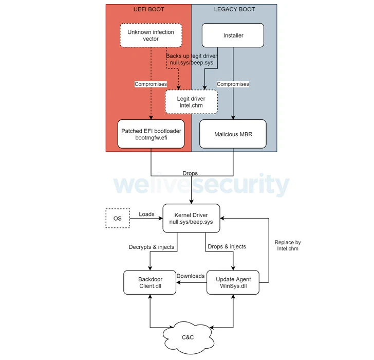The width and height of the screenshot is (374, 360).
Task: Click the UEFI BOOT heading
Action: pyautogui.click(x=149, y=9)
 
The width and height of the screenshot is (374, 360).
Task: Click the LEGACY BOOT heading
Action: pyautogui.click(x=234, y=9)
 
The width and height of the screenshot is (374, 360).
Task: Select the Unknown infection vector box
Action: pyautogui.click(x=151, y=35)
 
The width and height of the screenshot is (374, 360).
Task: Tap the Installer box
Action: pyautogui.click(x=233, y=35)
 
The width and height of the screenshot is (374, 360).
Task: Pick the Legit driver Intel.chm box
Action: pyautogui.click(x=191, y=102)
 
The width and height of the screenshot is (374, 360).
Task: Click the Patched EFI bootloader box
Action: pyautogui.click(x=151, y=134)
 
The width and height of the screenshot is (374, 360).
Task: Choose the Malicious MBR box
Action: pyautogui.click(x=233, y=134)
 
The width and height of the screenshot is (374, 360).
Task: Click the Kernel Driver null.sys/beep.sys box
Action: pyautogui.click(x=191, y=218)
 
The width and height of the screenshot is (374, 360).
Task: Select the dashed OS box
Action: pyautogui.click(x=118, y=218)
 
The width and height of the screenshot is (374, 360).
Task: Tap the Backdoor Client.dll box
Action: pyautogui.click(x=150, y=282)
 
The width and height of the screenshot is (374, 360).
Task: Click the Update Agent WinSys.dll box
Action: pyautogui.click(x=233, y=282)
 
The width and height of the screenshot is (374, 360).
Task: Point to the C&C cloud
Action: pyautogui.click(x=188, y=337)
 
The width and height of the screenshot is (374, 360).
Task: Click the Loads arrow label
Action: pyautogui.click(x=146, y=214)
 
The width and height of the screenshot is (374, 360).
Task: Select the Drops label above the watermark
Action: pyautogui.click(x=190, y=173)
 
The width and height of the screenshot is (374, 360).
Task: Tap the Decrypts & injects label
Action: pyautogui.click(x=152, y=247)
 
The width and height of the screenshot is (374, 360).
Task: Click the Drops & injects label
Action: pyautogui.click(x=227, y=246)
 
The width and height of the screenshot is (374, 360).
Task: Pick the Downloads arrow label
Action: pyautogui.click(x=191, y=276)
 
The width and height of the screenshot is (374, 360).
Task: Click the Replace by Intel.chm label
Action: pyautogui.click(x=288, y=245)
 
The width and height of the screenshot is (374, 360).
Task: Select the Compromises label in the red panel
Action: pyautogui.click(x=151, y=84)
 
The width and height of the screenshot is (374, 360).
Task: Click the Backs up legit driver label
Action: pyautogui.click(x=192, y=59)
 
